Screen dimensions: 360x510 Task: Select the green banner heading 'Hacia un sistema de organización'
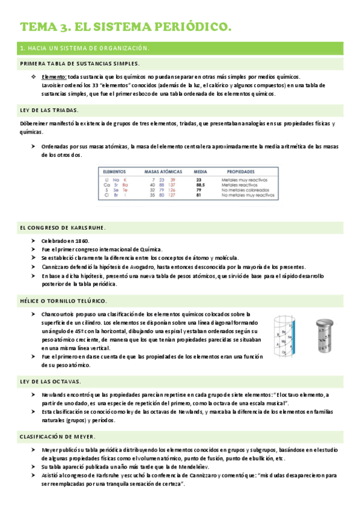coord(85,48)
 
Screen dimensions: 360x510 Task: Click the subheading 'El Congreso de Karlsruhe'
coord(63,227)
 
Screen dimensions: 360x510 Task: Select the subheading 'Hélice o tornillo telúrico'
coord(63,300)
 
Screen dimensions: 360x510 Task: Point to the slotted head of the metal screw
coord(326,322)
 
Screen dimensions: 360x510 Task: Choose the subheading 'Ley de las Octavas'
coord(50,381)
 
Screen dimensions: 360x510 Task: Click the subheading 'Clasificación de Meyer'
coord(58,435)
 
